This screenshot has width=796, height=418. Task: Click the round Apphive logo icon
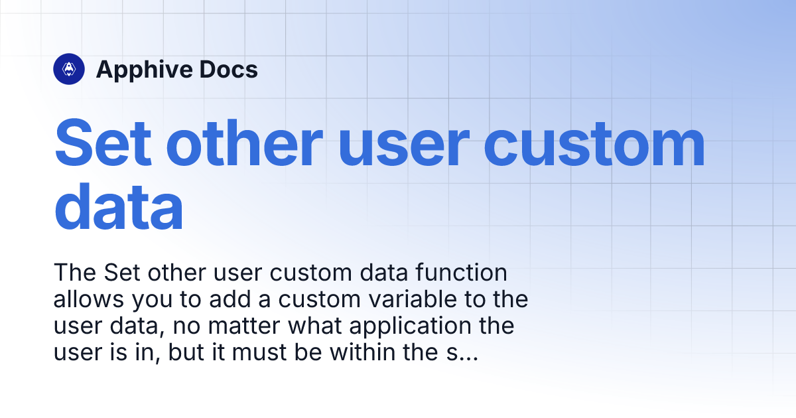click(69, 69)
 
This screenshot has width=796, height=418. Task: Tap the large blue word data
click(119, 206)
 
